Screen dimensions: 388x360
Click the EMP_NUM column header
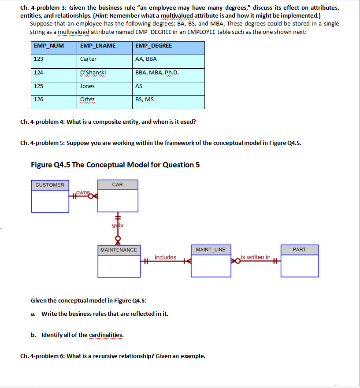46,46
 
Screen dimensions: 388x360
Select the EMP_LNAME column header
97,46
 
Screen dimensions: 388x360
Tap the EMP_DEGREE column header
153,46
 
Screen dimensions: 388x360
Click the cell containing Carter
88,59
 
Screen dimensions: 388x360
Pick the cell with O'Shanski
93,73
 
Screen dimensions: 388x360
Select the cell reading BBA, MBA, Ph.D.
157,73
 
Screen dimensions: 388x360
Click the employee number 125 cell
39,86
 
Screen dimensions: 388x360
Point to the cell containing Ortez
87,100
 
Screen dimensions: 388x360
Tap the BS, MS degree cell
145,100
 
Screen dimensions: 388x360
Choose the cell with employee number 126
39,100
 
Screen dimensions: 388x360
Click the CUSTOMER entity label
50,185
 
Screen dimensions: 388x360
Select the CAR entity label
118,185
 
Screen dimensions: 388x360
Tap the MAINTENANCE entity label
119,250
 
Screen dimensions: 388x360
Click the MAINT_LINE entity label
211,250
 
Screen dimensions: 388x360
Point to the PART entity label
299,250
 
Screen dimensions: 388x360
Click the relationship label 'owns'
83,192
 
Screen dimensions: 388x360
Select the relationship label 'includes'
165,257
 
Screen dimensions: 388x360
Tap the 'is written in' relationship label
256,257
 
